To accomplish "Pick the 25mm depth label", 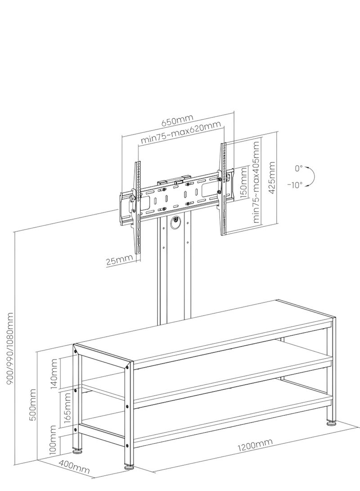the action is coord(120,260).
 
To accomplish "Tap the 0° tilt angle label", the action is coord(299,169).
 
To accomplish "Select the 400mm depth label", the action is coord(75,468).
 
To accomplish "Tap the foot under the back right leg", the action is coord(332,423).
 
